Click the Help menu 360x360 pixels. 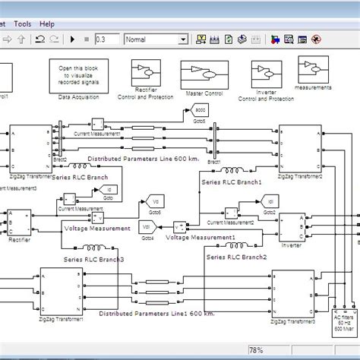pos(47,24)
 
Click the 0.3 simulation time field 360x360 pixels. pos(107,39)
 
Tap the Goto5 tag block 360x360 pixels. pos(195,114)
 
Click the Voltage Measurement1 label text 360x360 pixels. pos(201,237)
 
